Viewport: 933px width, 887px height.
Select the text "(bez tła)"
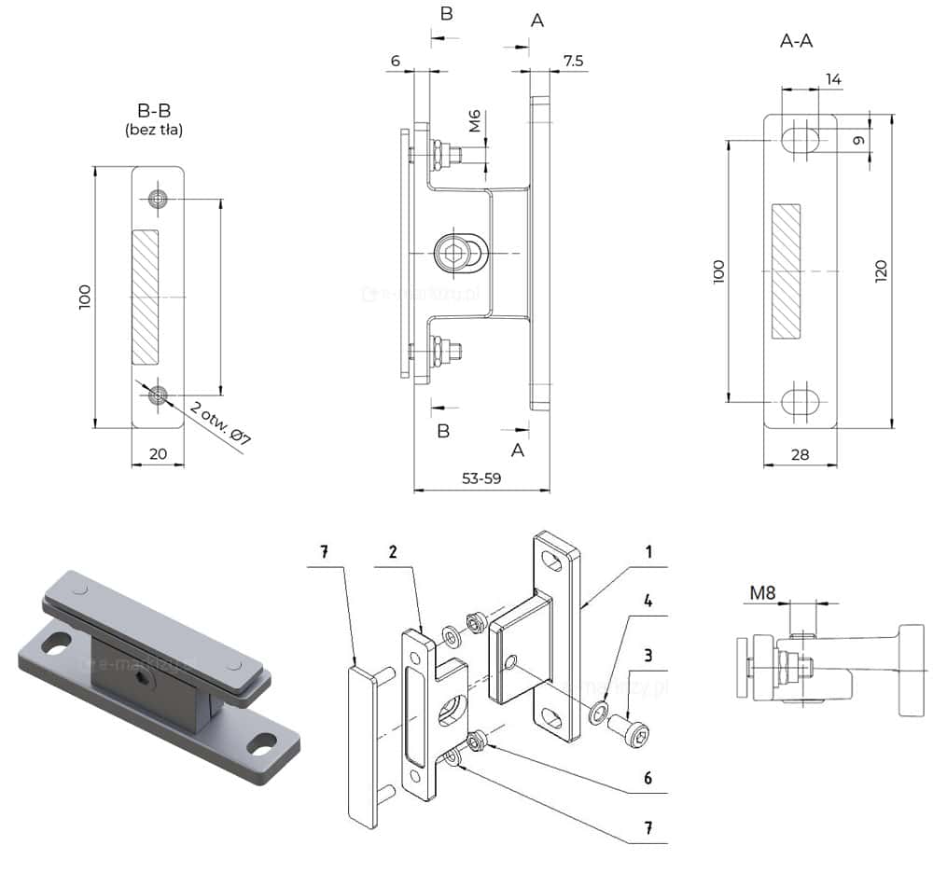(153, 131)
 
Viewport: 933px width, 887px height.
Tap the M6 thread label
(475, 121)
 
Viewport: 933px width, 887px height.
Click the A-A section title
(800, 41)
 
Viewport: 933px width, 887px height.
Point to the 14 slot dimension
(833, 80)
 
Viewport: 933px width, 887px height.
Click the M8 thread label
(764, 591)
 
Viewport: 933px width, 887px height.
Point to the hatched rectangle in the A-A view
(786, 271)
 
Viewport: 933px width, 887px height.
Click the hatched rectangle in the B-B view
(146, 297)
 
